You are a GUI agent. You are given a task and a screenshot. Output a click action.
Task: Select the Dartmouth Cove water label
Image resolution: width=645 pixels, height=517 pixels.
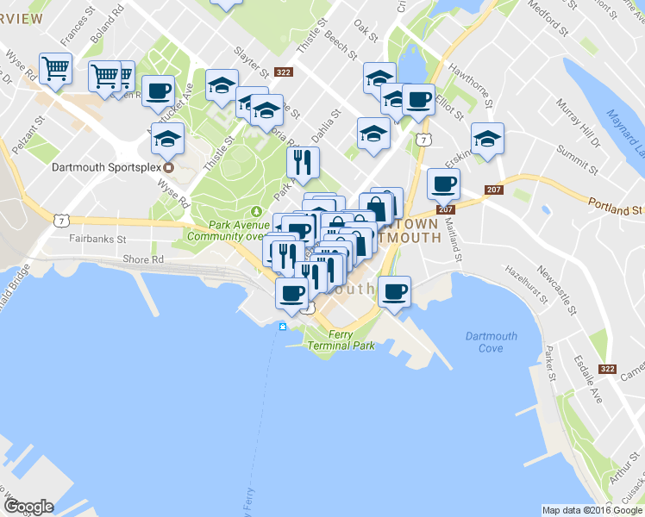[x=490, y=342]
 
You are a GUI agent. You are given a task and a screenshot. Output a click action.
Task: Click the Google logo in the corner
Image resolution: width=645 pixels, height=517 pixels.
[x=28, y=507]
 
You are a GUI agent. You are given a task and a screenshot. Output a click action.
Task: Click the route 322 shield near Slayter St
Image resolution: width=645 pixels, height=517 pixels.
[x=283, y=72]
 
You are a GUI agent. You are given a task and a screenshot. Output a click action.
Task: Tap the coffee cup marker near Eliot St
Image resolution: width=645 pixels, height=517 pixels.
[x=418, y=99]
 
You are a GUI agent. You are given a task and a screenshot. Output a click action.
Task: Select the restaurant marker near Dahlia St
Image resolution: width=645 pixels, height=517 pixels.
[x=303, y=160]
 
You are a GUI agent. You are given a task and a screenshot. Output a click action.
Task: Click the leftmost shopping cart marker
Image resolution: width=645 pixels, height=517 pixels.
[x=55, y=67]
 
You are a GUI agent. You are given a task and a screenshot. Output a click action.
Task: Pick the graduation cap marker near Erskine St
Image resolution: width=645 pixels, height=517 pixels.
[x=487, y=138]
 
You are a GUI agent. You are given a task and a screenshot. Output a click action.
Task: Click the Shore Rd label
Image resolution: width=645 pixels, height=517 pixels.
[x=143, y=259]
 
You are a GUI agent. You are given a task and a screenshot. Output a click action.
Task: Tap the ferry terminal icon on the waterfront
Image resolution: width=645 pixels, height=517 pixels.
[x=282, y=326]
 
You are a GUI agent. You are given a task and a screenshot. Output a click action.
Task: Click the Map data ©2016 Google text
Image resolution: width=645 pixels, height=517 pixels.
[x=592, y=510]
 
